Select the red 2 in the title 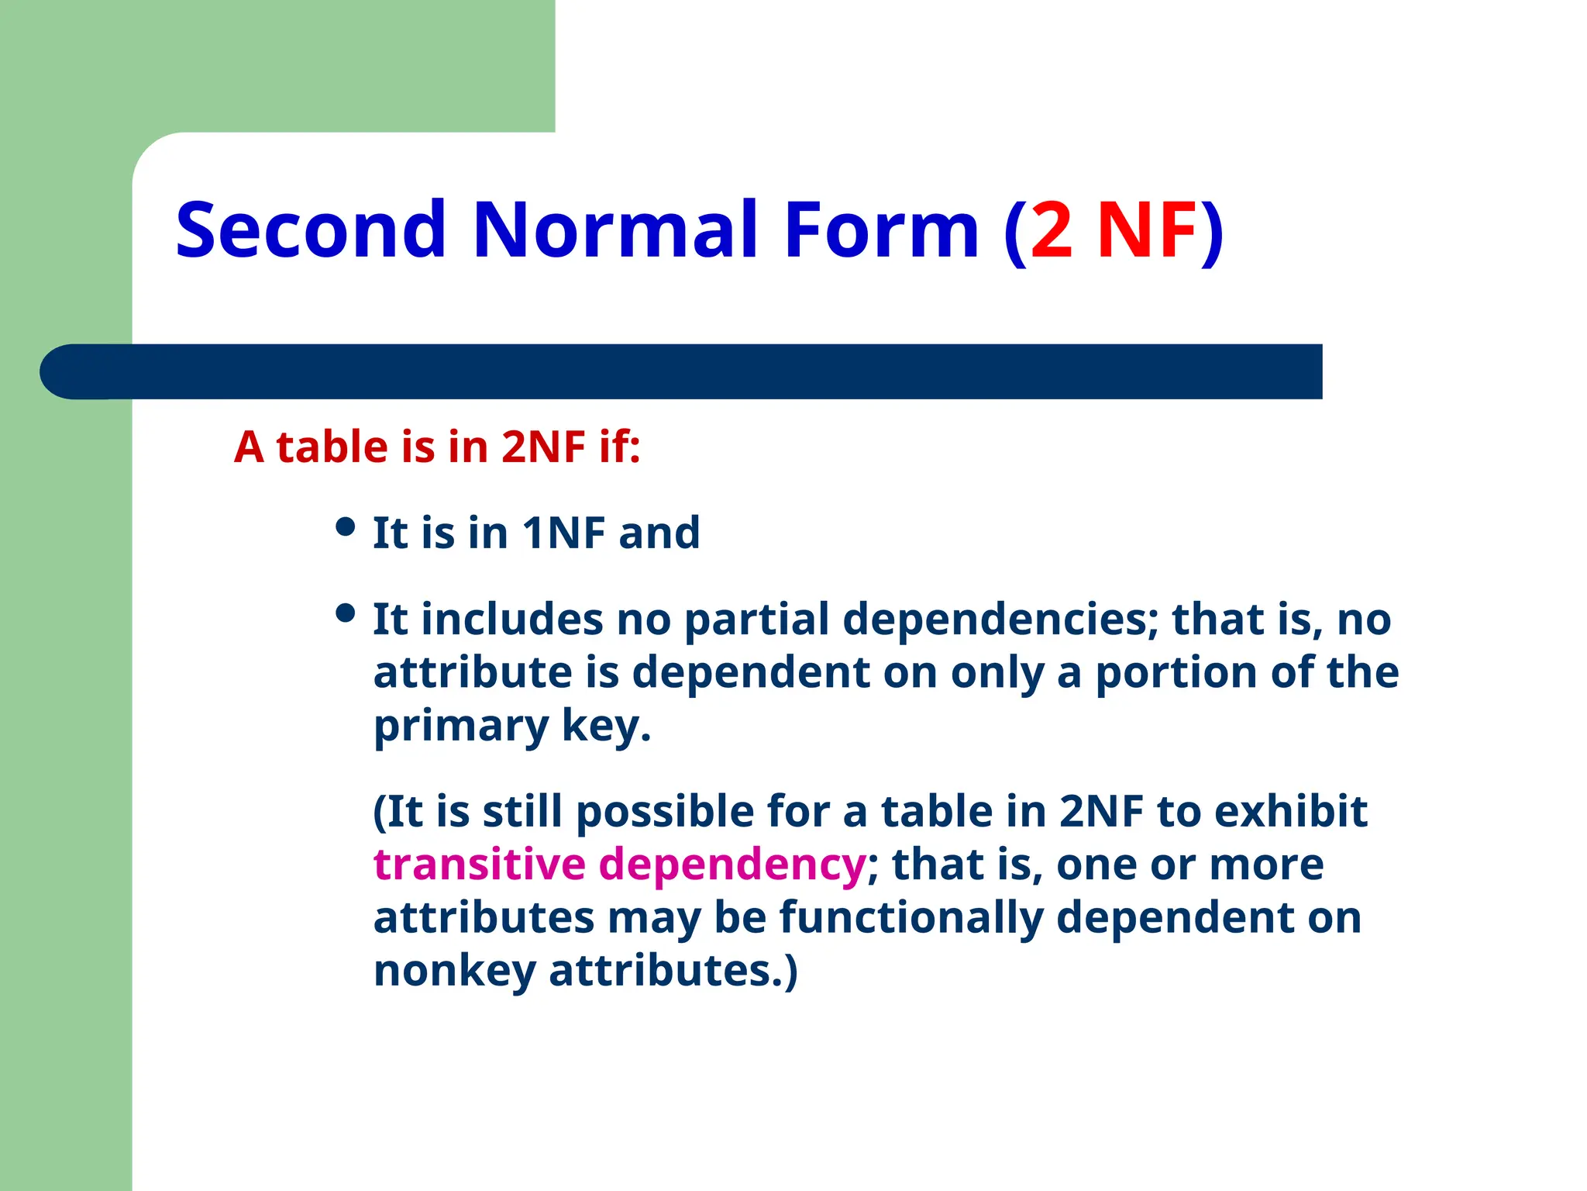[x=1052, y=231]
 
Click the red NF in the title [x=1148, y=231]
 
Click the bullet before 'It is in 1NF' [x=346, y=528]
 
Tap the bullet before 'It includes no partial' [x=346, y=614]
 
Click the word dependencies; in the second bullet [x=1000, y=620]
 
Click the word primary [x=460, y=727]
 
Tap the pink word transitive [x=479, y=864]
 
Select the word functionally [x=911, y=917]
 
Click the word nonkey [x=454, y=970]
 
